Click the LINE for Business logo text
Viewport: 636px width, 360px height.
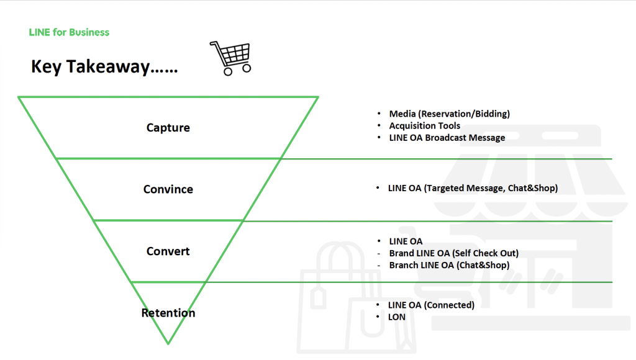[69, 32]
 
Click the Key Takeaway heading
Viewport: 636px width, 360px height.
[104, 67]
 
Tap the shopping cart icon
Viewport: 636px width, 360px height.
[230, 57]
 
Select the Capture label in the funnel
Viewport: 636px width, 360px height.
[168, 128]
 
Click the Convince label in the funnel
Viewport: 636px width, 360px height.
[168, 189]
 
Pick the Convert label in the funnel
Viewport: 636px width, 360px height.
[168, 251]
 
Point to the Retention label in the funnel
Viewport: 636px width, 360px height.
[168, 313]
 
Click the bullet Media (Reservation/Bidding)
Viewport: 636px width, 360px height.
[449, 114]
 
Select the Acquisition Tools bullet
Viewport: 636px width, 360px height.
[425, 125]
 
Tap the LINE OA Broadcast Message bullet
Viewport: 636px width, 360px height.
[447, 137]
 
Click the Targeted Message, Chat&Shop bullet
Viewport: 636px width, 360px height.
[473, 187]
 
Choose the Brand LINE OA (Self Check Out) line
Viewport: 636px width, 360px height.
[453, 253]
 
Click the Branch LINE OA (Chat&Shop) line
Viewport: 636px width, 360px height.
[449, 265]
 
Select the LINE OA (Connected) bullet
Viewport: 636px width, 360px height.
[431, 305]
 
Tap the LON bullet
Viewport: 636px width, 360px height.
[397, 317]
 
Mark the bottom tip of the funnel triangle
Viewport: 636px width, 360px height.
[168, 343]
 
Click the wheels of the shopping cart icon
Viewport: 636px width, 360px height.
[237, 70]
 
